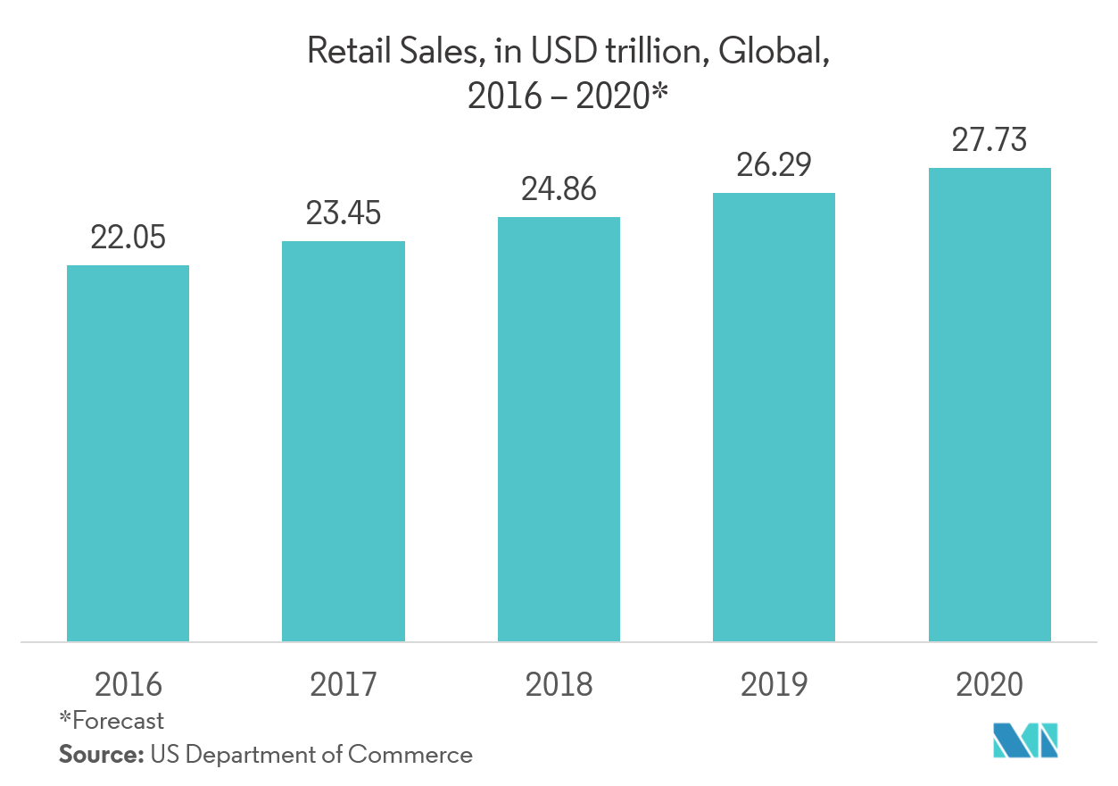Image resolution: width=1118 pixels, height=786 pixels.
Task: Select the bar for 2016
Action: [128, 453]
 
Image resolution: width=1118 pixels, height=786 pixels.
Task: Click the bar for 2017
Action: [343, 441]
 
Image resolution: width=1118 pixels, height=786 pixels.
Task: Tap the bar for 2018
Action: [559, 429]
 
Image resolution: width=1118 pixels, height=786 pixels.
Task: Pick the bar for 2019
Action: [774, 417]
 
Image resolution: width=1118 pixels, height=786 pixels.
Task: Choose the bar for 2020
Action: [989, 405]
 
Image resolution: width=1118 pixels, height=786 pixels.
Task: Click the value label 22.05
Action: [128, 238]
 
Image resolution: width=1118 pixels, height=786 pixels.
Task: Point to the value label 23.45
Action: [343, 213]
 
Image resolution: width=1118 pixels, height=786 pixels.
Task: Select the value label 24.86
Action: [559, 189]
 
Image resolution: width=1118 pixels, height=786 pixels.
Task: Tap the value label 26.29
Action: [774, 165]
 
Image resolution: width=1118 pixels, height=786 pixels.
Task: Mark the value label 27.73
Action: [989, 141]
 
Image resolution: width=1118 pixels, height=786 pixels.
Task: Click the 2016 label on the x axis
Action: [128, 685]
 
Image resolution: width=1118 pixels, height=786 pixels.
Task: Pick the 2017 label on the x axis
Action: [343, 685]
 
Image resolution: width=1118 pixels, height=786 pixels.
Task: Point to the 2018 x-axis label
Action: [559, 685]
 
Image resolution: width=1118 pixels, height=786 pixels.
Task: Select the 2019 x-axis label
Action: [774, 685]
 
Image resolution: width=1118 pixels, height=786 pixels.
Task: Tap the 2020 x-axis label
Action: [989, 685]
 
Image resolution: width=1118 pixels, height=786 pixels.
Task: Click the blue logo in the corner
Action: [1026, 740]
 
